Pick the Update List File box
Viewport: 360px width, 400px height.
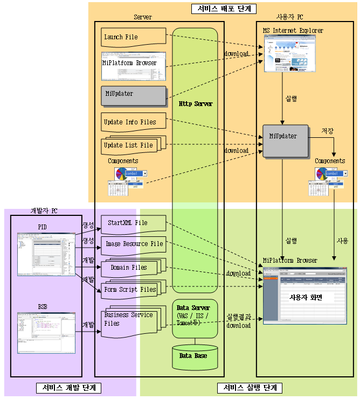pos(129,145)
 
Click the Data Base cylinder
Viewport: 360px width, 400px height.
pos(193,357)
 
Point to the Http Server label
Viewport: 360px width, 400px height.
pos(195,103)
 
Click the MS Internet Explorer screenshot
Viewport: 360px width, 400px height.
pos(289,54)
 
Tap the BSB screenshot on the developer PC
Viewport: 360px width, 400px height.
pos(46,332)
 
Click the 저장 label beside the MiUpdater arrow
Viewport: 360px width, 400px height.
pos(327,131)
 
